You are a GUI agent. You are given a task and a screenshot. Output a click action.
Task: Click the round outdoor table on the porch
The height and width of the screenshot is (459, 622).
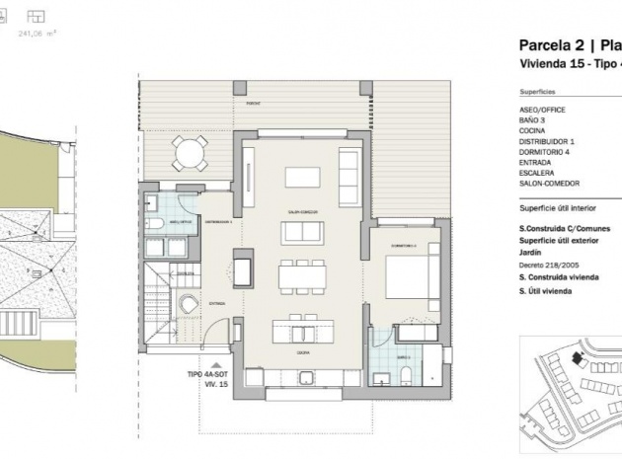click(189, 152)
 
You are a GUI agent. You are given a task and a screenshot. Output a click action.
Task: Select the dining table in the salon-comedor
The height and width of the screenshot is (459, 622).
click(301, 273)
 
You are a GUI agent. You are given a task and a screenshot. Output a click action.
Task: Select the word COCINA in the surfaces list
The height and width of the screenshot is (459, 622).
click(532, 129)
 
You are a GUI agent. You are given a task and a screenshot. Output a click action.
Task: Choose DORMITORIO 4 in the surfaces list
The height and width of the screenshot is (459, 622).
click(545, 151)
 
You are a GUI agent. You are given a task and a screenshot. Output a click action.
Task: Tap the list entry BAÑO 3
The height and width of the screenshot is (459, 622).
click(532, 118)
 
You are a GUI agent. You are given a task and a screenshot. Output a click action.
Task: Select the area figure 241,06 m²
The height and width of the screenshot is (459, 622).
click(38, 33)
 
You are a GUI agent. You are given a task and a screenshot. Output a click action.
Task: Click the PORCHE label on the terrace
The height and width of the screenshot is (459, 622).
click(254, 103)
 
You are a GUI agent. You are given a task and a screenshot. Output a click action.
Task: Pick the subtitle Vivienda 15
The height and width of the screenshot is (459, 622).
click(552, 63)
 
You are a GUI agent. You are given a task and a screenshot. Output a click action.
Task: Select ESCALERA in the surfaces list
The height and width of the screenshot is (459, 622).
click(536, 173)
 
